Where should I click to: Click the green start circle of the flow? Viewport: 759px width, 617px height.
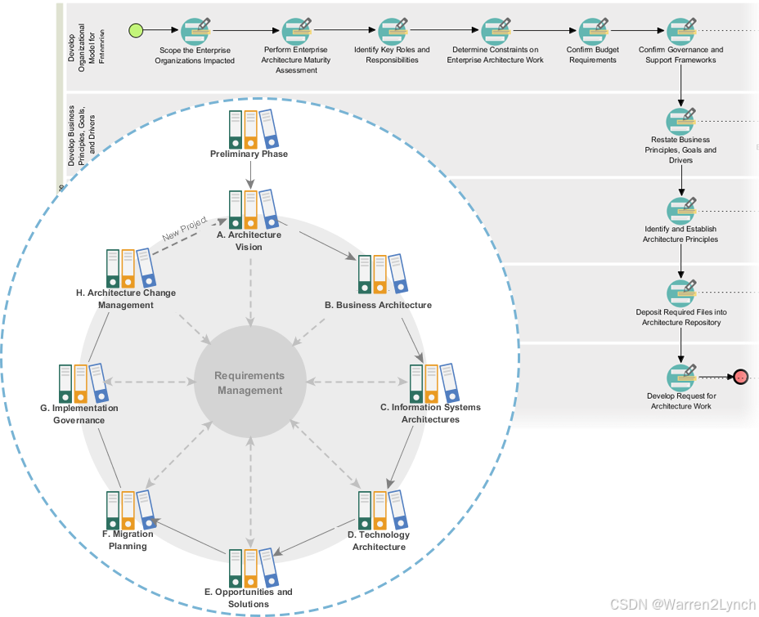pyautogui.click(x=137, y=31)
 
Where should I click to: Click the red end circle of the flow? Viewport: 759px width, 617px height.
pyautogui.click(x=741, y=378)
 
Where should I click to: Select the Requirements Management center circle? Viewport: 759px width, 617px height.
pyautogui.click(x=250, y=382)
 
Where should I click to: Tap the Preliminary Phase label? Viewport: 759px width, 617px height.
pyautogui.click(x=249, y=154)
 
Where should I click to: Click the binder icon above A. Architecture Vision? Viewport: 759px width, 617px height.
pyautogui.click(x=251, y=210)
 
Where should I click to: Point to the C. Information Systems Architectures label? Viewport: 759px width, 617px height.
pyautogui.click(x=430, y=413)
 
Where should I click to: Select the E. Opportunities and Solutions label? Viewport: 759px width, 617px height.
pyautogui.click(x=249, y=597)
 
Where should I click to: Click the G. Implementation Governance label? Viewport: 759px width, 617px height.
pyautogui.click(x=79, y=414)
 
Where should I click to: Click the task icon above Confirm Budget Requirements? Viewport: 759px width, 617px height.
pyautogui.click(x=593, y=31)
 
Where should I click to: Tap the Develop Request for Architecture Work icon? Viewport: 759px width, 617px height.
pyautogui.click(x=681, y=377)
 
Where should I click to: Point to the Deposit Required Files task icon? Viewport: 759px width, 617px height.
pyautogui.click(x=681, y=293)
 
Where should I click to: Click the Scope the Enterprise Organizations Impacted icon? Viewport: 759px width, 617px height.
pyautogui.click(x=196, y=31)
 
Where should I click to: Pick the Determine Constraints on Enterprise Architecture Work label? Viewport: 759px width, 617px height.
pyautogui.click(x=495, y=55)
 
